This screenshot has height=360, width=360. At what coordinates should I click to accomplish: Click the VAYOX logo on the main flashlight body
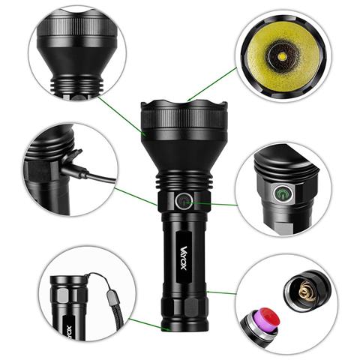tap(184, 258)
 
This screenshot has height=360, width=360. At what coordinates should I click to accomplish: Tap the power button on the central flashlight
tap(184, 201)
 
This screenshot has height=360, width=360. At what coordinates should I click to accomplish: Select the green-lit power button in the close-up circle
tap(283, 193)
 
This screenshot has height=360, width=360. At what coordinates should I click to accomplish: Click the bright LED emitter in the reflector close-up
tap(283, 56)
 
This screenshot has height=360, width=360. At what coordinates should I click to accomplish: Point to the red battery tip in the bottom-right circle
tap(270, 319)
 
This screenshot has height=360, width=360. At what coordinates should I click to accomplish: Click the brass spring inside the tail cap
tap(306, 292)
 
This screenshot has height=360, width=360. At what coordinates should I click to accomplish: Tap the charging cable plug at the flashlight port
tap(75, 170)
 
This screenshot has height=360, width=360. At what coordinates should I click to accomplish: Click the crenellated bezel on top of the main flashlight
tap(184, 105)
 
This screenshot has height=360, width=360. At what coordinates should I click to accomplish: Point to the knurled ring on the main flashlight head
tap(184, 120)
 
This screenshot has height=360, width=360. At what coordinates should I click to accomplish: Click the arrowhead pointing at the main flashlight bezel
tap(189, 99)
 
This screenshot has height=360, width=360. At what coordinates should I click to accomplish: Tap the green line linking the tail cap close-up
tap(221, 292)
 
